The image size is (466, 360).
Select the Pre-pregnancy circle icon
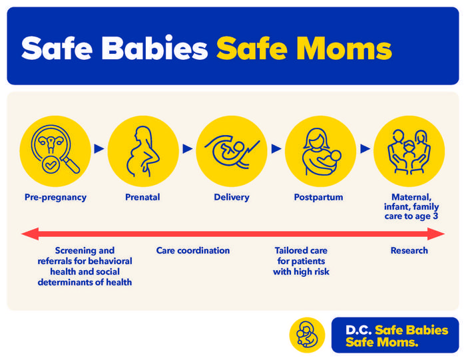55,151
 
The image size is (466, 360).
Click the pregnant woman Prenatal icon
143,151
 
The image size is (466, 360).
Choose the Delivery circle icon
232,151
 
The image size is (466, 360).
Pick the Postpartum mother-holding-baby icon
320,151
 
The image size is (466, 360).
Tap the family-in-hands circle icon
408,151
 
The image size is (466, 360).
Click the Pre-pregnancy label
55,197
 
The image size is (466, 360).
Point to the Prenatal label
142,197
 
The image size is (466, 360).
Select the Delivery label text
232,197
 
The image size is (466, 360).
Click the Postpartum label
319,197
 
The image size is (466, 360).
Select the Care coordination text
193,251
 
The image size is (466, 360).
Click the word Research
409,251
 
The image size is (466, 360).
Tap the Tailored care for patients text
301,261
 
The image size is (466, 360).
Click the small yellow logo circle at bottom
307,335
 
